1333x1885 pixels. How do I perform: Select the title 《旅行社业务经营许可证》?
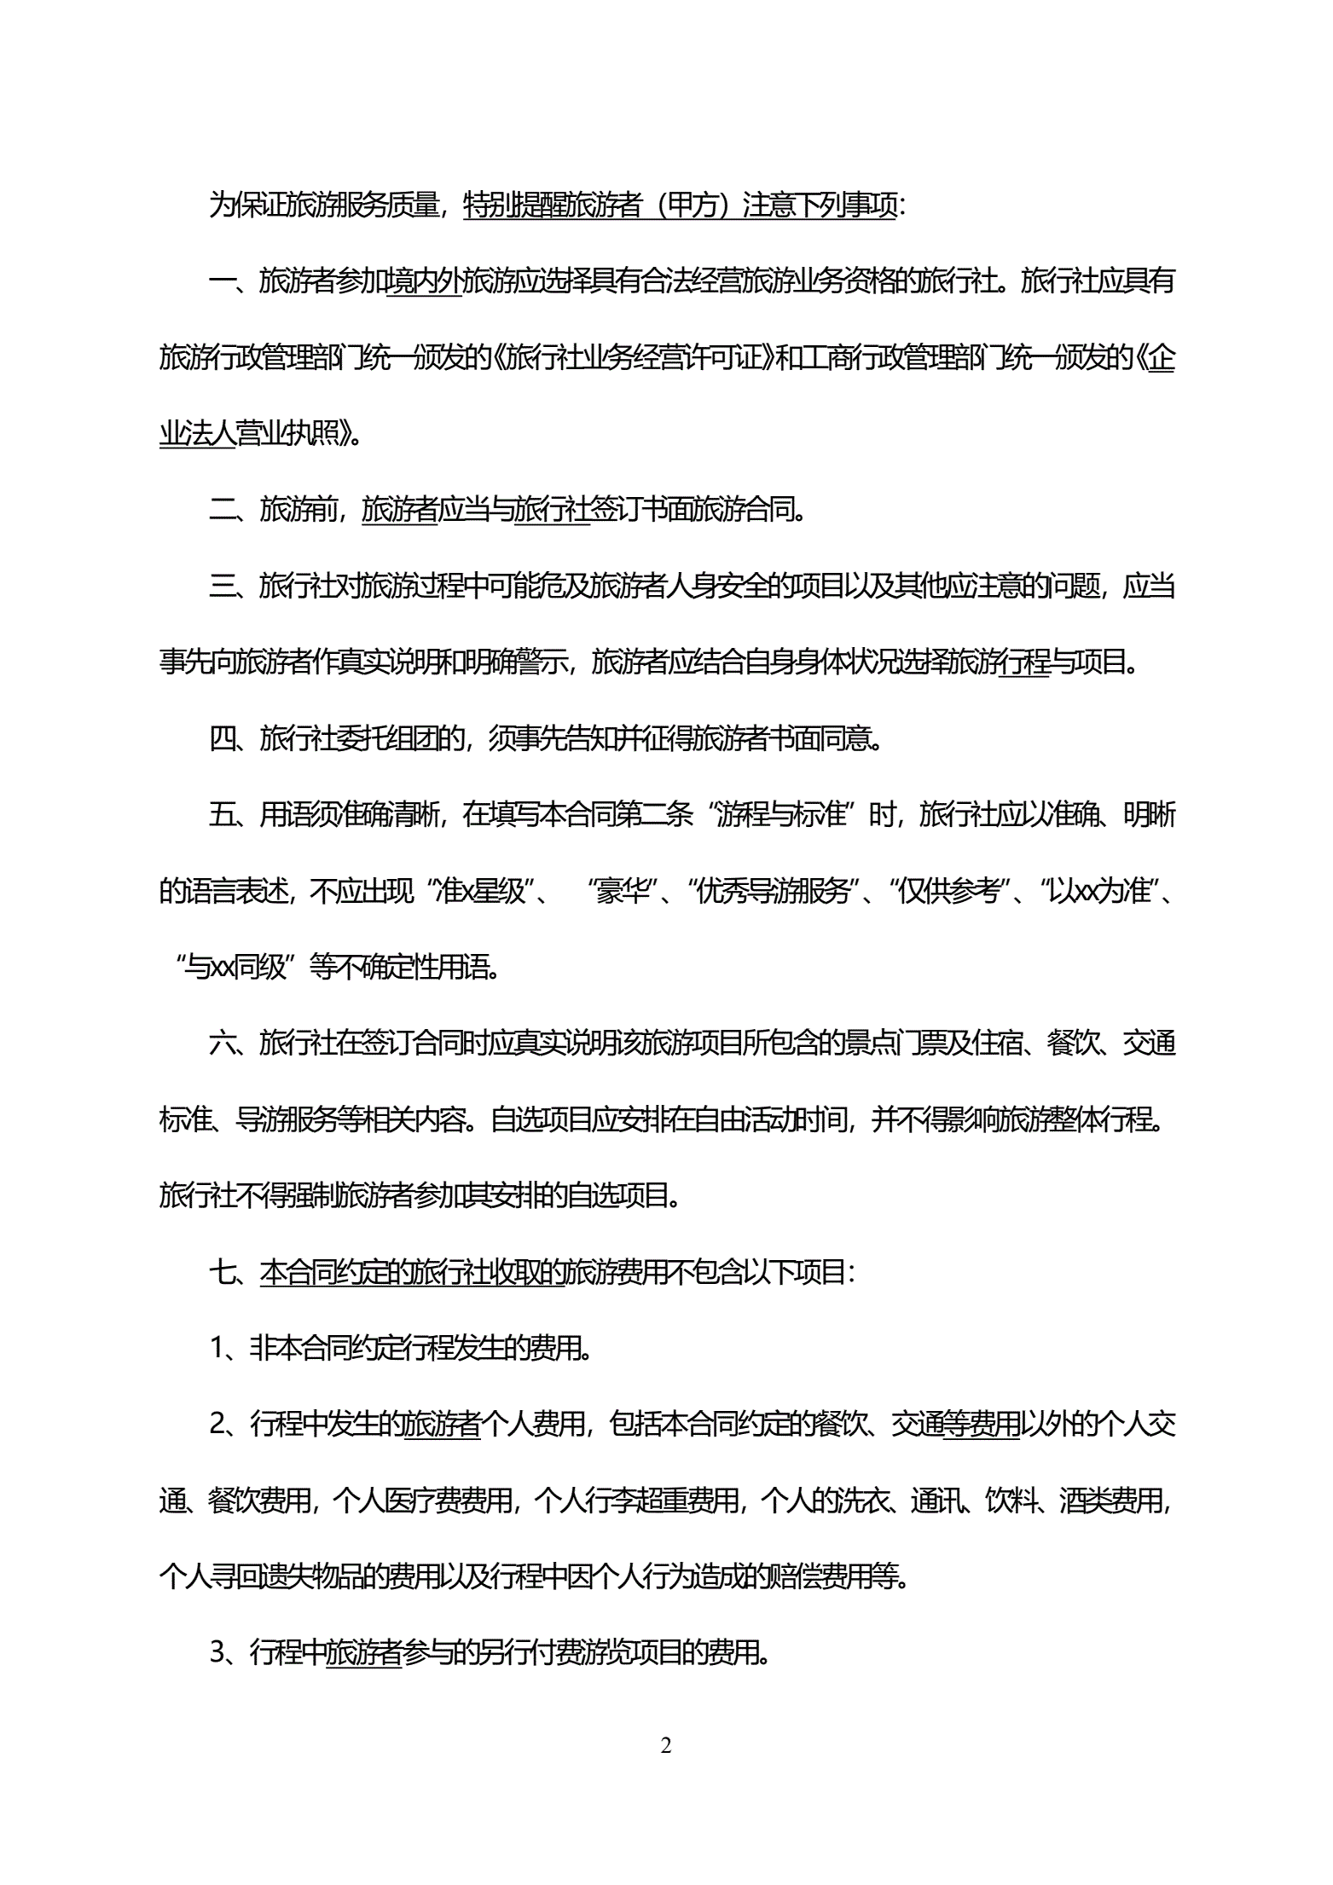[633, 357]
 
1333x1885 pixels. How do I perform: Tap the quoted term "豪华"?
[622, 891]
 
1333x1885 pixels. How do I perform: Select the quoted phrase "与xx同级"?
[235, 968]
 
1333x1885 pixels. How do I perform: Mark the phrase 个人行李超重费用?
[636, 1501]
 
